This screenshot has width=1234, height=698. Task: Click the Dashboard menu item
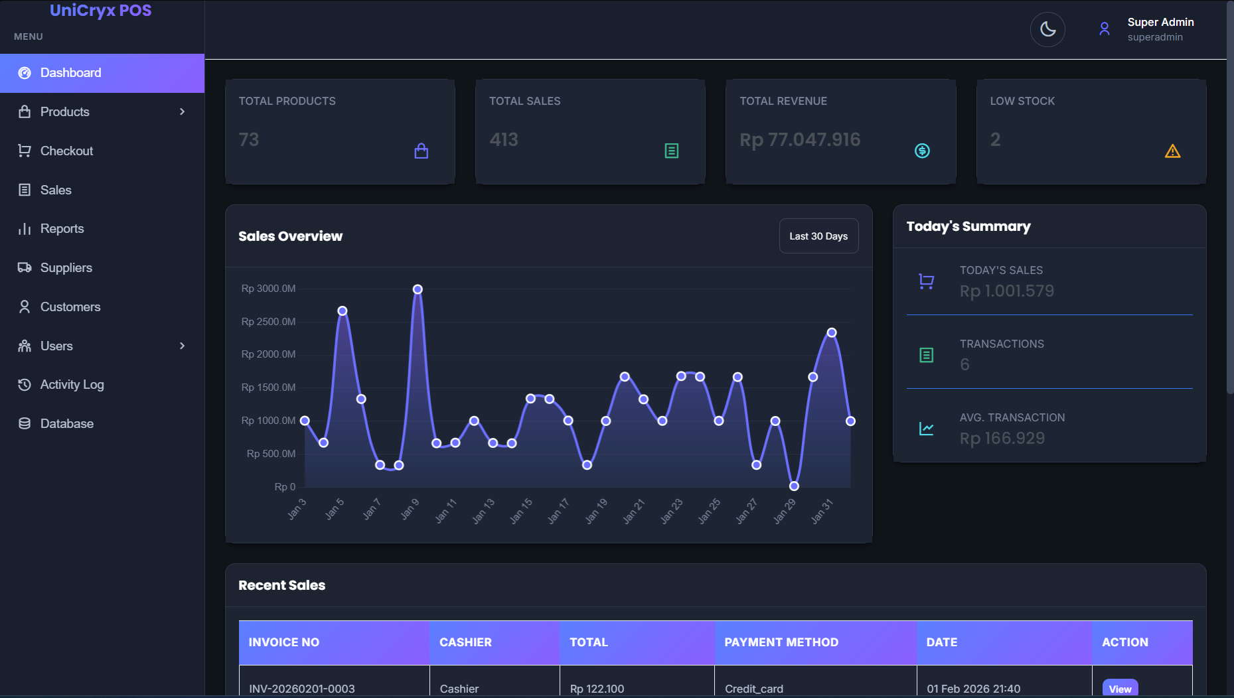(70, 73)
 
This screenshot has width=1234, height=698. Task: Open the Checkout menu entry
(66, 151)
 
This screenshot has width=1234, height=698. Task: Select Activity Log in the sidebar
(72, 385)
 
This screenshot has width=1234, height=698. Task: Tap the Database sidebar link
(66, 424)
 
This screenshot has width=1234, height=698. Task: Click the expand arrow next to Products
(182, 112)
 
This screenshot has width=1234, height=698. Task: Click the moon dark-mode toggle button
(1047, 29)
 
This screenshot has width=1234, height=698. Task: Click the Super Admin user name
(1160, 23)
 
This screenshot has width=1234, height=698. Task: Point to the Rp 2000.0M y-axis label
(268, 354)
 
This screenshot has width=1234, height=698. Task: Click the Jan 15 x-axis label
(521, 512)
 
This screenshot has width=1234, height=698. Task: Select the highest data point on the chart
(418, 289)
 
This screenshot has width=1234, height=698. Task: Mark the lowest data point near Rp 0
(794, 486)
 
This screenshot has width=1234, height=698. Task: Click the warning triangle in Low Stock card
(1172, 151)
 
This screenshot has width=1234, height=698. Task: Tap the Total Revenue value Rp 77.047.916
(799, 140)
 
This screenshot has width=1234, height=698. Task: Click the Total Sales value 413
(503, 140)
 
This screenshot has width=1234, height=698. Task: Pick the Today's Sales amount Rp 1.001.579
(1006, 291)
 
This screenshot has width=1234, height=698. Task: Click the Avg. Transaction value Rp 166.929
(1002, 439)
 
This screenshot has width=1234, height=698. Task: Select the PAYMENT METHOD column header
(781, 642)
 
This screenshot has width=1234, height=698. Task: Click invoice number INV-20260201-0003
(301, 688)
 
